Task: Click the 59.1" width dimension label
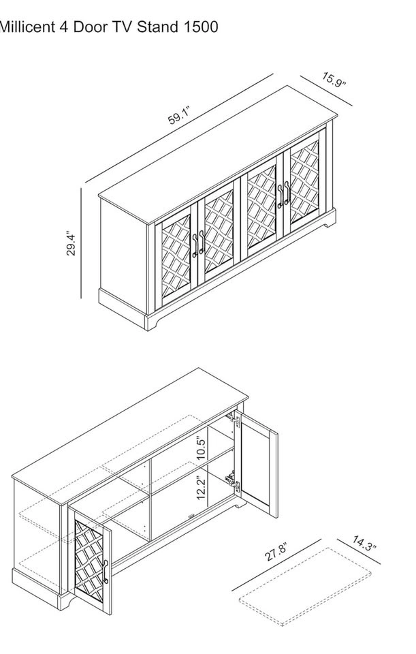pyautogui.click(x=179, y=116)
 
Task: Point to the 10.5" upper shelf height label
pyautogui.click(x=202, y=448)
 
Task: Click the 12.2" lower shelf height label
pyautogui.click(x=202, y=487)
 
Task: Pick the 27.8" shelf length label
pyautogui.click(x=275, y=553)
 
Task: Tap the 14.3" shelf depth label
pyautogui.click(x=364, y=544)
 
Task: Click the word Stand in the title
pyautogui.click(x=158, y=27)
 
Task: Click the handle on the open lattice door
pyautogui.click(x=106, y=571)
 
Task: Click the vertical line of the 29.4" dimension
pyautogui.click(x=81, y=243)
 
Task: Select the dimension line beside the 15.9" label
pyautogui.click(x=326, y=91)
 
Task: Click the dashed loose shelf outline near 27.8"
pyautogui.click(x=306, y=587)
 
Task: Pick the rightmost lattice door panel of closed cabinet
pyautogui.click(x=304, y=182)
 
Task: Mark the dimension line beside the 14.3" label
pyautogui.click(x=359, y=552)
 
